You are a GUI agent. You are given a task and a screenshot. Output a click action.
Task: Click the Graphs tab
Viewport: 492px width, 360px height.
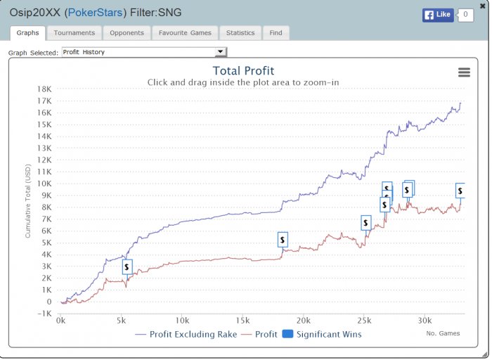coord(27,33)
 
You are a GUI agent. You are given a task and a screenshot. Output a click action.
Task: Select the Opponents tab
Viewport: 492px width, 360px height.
coord(127,33)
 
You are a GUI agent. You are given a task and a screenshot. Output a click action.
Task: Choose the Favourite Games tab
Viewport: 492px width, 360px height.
coord(185,33)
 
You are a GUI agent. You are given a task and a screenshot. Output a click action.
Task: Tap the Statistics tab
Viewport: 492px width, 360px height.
coord(240,33)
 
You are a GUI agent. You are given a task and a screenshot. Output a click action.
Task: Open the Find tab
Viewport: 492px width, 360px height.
coord(276,33)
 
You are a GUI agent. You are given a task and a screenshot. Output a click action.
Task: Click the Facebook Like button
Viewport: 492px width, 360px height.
coord(438,15)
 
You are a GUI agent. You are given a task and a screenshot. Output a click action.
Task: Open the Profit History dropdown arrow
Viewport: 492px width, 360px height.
coord(220,52)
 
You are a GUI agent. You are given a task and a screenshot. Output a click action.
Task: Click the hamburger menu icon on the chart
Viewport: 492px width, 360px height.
coord(464,72)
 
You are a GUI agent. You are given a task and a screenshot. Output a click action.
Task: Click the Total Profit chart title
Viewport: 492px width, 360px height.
coord(243,70)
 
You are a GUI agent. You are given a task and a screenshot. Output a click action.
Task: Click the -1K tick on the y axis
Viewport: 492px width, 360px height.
coord(44,314)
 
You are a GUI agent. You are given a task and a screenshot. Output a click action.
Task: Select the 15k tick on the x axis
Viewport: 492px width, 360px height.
coord(242,321)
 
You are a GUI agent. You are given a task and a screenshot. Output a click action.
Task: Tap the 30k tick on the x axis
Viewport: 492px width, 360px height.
coord(424,321)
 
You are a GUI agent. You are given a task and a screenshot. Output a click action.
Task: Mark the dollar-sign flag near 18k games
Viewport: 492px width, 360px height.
coord(283,240)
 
